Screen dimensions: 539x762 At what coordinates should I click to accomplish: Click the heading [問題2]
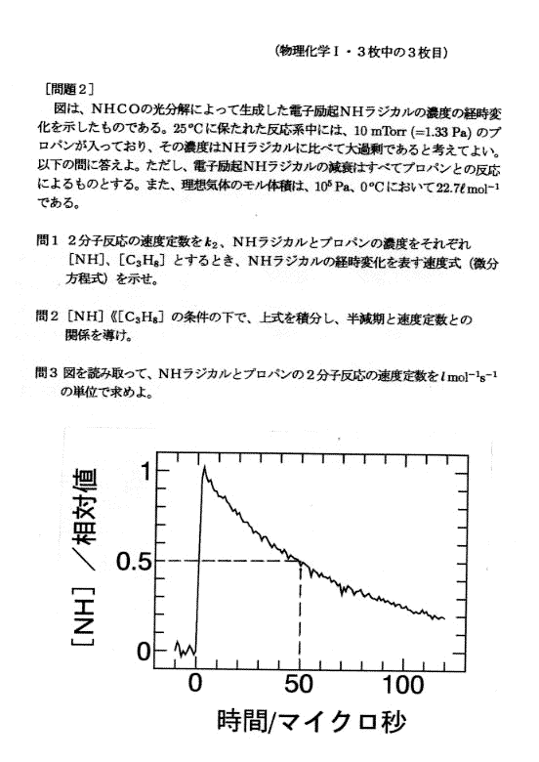coord(69,90)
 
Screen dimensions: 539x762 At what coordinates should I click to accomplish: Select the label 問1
coord(48,240)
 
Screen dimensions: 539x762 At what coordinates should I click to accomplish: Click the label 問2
coord(48,317)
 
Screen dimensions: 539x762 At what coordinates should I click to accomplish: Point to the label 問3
coord(47,373)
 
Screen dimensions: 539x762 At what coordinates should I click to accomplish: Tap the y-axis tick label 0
coord(145,651)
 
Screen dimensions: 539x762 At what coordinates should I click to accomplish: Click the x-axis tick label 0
coord(194,683)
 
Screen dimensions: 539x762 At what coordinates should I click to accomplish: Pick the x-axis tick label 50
coord(299,684)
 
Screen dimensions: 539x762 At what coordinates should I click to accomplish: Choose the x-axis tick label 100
coord(403,684)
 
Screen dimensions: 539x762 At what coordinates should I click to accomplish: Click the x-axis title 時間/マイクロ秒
coord(311,722)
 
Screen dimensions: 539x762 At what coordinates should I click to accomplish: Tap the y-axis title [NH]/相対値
coord(84,558)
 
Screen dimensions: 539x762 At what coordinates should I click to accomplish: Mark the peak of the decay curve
coord(204,467)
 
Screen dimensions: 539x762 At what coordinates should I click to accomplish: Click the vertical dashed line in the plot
coord(300,614)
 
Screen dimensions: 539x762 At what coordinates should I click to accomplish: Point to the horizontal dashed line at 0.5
coord(227,562)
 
